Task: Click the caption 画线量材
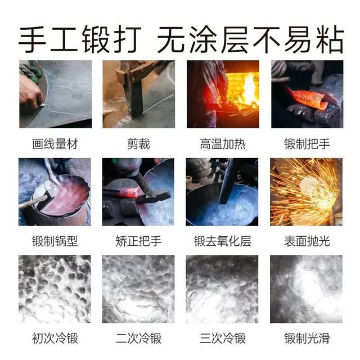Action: click(55, 144)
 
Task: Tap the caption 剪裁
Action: click(138, 144)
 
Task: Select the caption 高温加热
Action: click(223, 144)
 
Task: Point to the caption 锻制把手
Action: click(307, 144)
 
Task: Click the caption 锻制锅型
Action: click(55, 241)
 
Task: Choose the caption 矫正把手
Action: click(138, 241)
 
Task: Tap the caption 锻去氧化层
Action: click(223, 241)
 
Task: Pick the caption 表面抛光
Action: click(307, 241)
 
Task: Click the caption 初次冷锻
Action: click(55, 338)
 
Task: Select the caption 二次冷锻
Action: click(138, 338)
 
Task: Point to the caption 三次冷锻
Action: click(223, 338)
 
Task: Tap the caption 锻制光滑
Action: click(307, 338)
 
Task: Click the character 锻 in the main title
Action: click(96, 39)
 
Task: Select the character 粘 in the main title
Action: click(330, 39)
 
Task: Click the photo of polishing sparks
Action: click(306, 192)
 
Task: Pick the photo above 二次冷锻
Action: click(138, 289)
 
